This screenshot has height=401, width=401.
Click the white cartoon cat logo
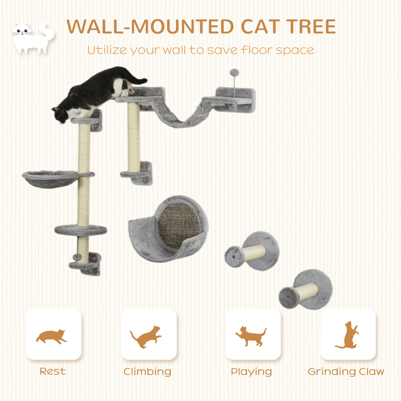pyautogui.click(x=32, y=38)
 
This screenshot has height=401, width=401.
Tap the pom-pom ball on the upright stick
pyautogui.click(x=234, y=72)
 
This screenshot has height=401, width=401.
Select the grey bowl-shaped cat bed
pyautogui.click(x=50, y=179)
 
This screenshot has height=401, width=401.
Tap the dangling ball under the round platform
pyautogui.click(x=77, y=257)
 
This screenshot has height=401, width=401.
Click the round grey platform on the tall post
pyautogui.click(x=81, y=230)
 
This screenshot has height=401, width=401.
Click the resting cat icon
pyautogui.click(x=52, y=336)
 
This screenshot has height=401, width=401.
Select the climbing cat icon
pyautogui.click(x=146, y=336)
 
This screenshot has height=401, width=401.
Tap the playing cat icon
pyautogui.click(x=251, y=336)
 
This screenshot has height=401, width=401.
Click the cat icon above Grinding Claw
pyautogui.click(x=348, y=335)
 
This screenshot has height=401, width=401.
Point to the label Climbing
pyautogui.click(x=147, y=371)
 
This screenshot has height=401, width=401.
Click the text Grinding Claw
pyautogui.click(x=346, y=371)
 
